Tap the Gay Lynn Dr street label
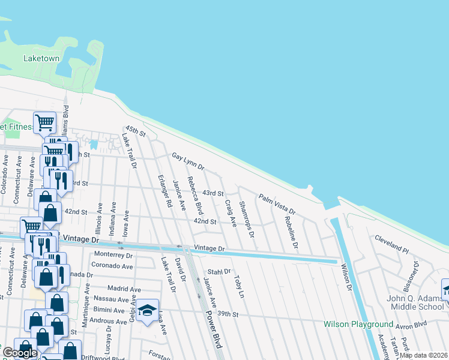point(188,160)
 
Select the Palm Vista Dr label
point(277,204)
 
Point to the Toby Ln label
point(240,287)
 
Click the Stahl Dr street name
point(220,272)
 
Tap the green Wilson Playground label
point(358,325)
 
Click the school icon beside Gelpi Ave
point(147,310)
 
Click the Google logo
point(19,353)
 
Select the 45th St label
point(135,131)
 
